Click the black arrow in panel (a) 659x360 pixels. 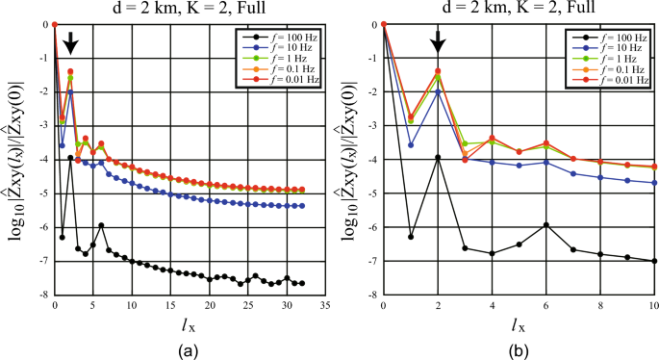(x=69, y=44)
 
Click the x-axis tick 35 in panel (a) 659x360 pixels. (x=325, y=305)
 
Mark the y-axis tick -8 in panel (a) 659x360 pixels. (x=43, y=295)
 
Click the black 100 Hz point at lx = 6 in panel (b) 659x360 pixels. (x=546, y=225)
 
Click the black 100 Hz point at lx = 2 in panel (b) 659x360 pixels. (x=438, y=158)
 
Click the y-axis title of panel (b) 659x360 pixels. (x=352, y=159)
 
